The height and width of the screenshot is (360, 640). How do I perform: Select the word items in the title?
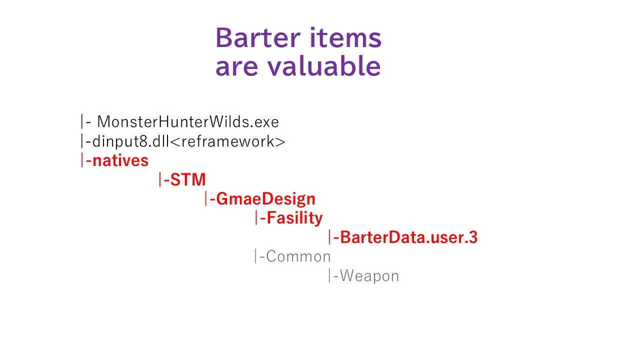pyautogui.click(x=345, y=37)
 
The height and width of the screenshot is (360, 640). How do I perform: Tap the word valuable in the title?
pyautogui.click(x=324, y=65)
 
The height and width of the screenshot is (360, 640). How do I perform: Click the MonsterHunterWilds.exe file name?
pyautogui.click(x=188, y=121)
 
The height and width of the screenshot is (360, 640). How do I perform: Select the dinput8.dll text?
pyautogui.click(x=131, y=141)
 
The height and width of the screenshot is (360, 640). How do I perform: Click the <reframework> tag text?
pyautogui.click(x=227, y=141)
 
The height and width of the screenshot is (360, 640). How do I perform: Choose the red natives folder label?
pyautogui.click(x=120, y=160)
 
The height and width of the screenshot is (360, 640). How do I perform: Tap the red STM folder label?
pyautogui.click(x=188, y=179)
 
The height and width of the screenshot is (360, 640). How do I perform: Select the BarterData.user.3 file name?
pyautogui.click(x=409, y=237)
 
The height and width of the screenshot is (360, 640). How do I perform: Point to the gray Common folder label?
pyautogui.click(x=298, y=256)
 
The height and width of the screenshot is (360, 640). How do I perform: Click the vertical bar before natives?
pyautogui.click(x=82, y=160)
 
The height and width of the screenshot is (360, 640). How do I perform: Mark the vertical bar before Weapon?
pyautogui.click(x=329, y=275)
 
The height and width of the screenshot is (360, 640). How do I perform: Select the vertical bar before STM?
pyautogui.click(x=160, y=179)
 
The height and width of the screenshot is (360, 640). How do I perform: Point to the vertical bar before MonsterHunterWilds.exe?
pyautogui.click(x=82, y=121)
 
